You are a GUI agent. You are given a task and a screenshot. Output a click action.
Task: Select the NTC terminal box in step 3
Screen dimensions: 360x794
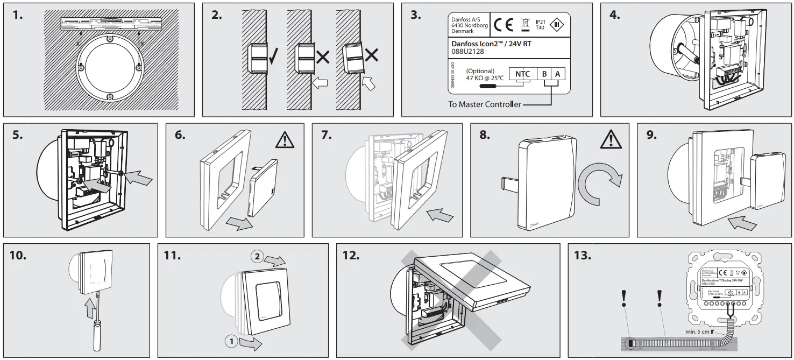[522, 74]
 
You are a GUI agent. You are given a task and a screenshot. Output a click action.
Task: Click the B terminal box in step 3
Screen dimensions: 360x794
[545, 74]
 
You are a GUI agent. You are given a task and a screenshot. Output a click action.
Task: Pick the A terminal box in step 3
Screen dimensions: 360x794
[558, 74]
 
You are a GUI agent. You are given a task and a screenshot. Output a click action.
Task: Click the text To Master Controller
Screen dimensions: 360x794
[484, 104]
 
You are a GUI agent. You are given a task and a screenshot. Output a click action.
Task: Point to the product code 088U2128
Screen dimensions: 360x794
[467, 52]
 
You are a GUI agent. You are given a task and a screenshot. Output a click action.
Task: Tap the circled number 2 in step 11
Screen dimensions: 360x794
[257, 257]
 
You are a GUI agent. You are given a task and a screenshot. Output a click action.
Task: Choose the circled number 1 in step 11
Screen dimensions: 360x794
[230, 341]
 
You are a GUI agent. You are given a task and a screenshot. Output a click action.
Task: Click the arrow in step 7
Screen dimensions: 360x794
[441, 216]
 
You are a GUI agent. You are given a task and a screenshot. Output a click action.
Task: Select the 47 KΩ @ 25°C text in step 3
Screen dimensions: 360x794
[485, 78]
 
